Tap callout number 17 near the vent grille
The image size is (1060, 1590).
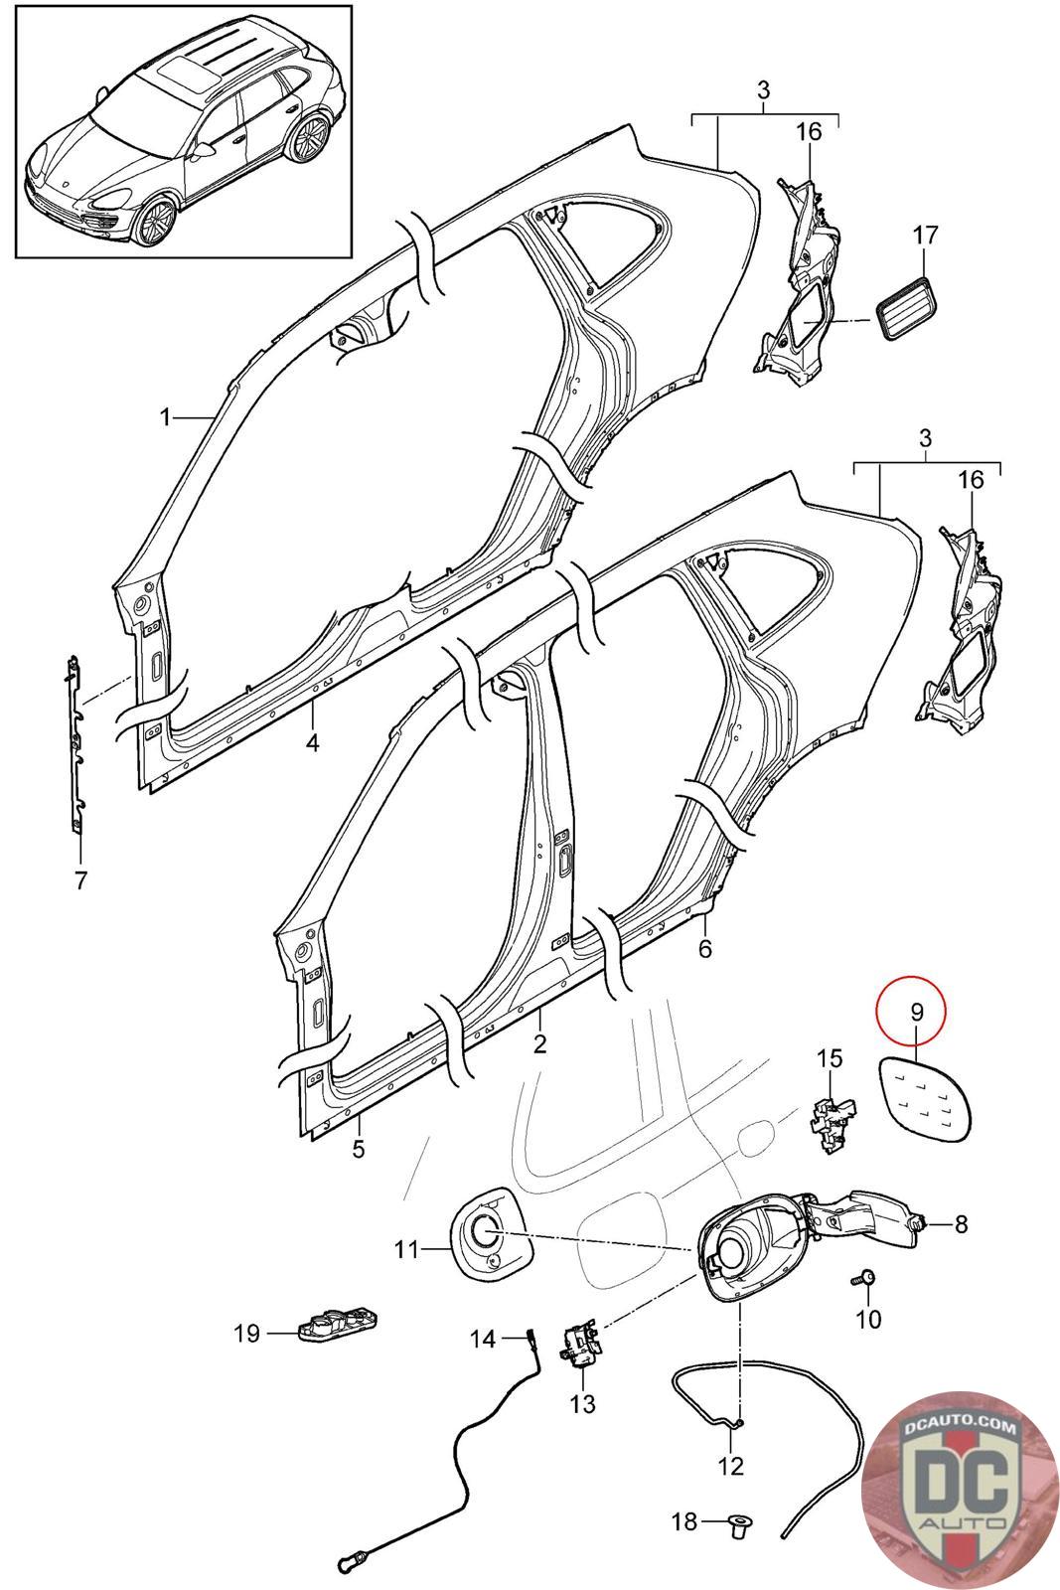click(x=924, y=236)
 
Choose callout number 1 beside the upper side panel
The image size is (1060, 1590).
click(x=166, y=417)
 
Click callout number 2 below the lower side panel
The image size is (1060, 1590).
click(x=540, y=1044)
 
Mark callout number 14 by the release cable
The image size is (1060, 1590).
click(x=482, y=1340)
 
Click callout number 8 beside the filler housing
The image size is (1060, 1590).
click(x=961, y=1224)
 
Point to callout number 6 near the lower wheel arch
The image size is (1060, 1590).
click(x=704, y=948)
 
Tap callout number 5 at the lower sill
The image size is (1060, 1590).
click(x=359, y=1150)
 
